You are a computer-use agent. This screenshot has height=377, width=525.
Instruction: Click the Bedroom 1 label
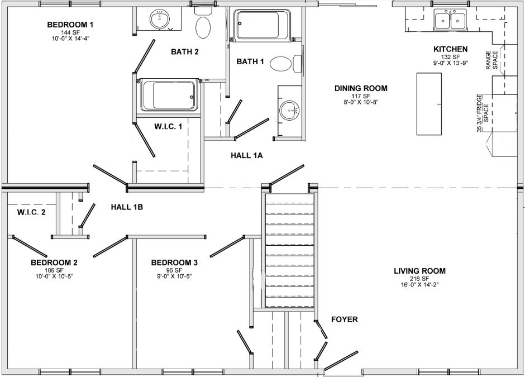click(x=70, y=25)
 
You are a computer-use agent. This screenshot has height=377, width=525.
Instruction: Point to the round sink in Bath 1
click(x=289, y=110)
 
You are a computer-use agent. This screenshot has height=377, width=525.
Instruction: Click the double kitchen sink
click(x=450, y=21)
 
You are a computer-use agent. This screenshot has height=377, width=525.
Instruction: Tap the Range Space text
click(x=491, y=58)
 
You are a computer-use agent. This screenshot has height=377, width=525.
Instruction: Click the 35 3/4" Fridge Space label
click(x=482, y=113)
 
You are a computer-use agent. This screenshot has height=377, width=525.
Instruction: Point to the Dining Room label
click(x=361, y=88)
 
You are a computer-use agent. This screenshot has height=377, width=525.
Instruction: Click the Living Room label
click(x=419, y=271)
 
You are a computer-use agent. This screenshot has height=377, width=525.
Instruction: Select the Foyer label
click(x=344, y=319)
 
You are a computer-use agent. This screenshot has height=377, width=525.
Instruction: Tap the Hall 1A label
click(x=246, y=156)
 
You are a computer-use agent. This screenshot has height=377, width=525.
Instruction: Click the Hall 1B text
click(x=127, y=207)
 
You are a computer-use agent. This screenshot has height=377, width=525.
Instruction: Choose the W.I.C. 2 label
click(x=31, y=212)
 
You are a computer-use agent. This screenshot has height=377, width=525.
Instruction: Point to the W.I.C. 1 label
click(x=168, y=127)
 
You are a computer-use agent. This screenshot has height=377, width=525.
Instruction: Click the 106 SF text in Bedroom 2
click(x=54, y=270)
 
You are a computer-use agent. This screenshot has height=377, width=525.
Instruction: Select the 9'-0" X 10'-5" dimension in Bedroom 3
click(x=174, y=276)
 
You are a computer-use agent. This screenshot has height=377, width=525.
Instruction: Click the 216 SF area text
click(x=419, y=279)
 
